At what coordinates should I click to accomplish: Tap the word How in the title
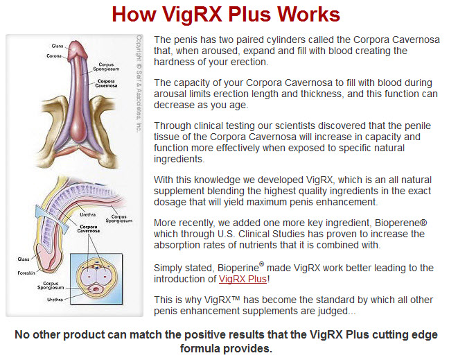134,15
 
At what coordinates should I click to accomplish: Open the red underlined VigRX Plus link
243,279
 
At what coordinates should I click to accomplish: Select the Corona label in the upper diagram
54,56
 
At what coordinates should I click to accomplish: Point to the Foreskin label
26,273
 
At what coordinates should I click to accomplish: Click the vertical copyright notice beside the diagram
139,84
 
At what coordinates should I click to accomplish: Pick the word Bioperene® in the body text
401,223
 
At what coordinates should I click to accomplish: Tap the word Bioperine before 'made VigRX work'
238,268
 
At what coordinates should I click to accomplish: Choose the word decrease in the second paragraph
175,105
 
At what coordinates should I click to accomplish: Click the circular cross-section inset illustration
96,278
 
